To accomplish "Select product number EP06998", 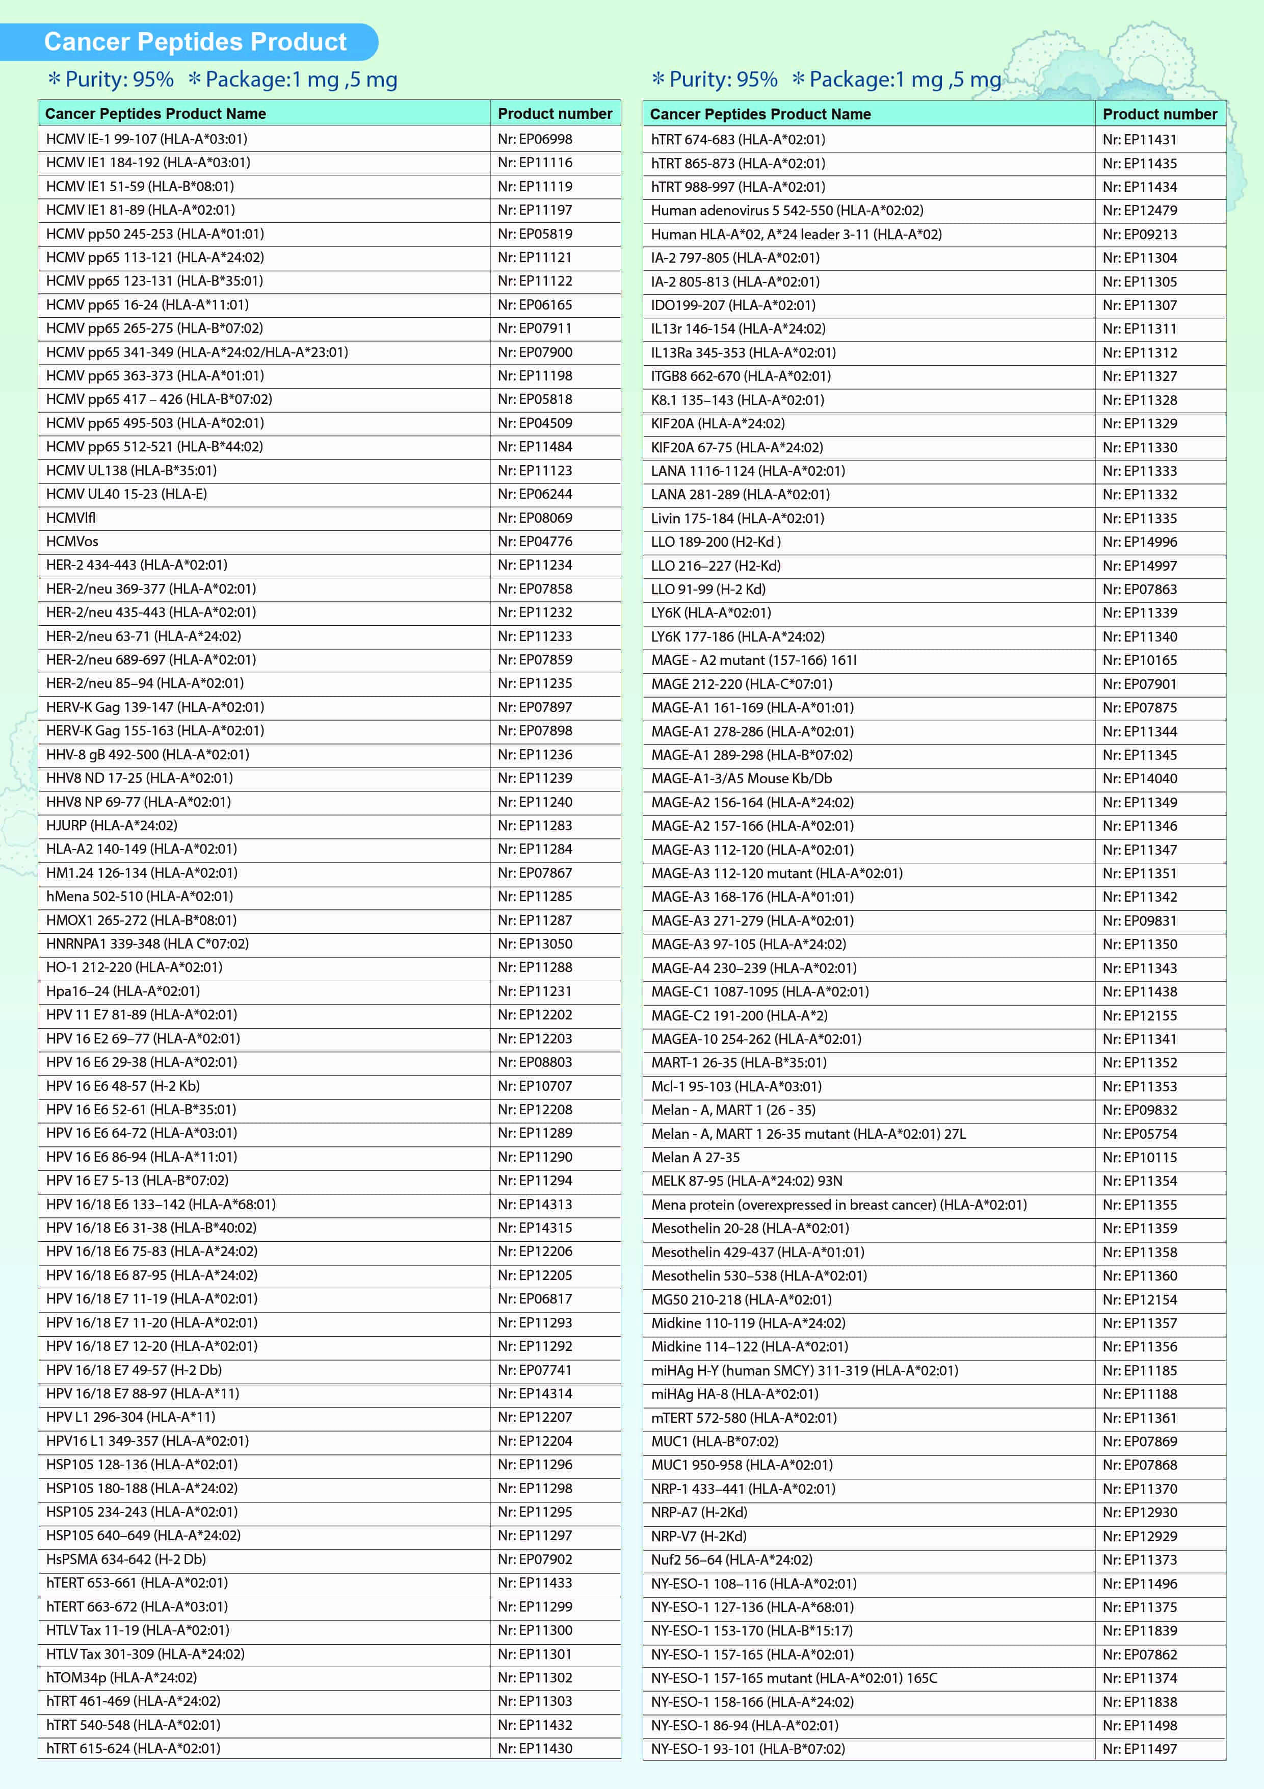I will point(535,139).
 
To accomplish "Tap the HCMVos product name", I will point(72,541).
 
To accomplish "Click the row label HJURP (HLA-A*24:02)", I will point(112,825).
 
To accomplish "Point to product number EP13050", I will point(535,943).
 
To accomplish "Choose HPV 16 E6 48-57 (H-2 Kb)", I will point(123,1085).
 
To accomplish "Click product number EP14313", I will point(535,1204).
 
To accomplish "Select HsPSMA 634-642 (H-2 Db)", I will point(126,1558).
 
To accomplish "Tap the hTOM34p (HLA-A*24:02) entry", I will point(121,1677).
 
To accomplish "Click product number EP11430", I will point(535,1748).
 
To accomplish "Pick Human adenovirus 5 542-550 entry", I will point(786,211).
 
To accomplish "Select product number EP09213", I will point(1140,234).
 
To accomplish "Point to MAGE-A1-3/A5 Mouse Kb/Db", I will point(742,778).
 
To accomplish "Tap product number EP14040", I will point(1140,778).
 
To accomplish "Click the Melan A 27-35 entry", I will point(696,1157).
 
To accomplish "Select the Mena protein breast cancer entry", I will point(839,1205).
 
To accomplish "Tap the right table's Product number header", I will point(1160,114).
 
